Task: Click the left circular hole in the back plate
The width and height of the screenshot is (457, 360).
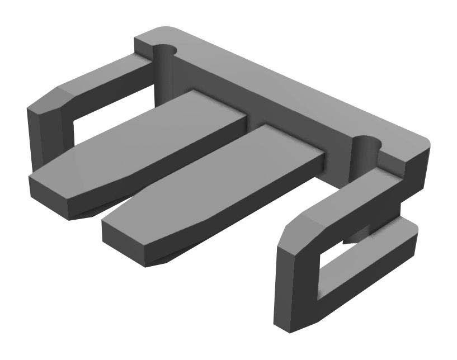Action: click(x=166, y=52)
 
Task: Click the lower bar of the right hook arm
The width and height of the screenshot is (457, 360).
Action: click(x=364, y=291)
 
